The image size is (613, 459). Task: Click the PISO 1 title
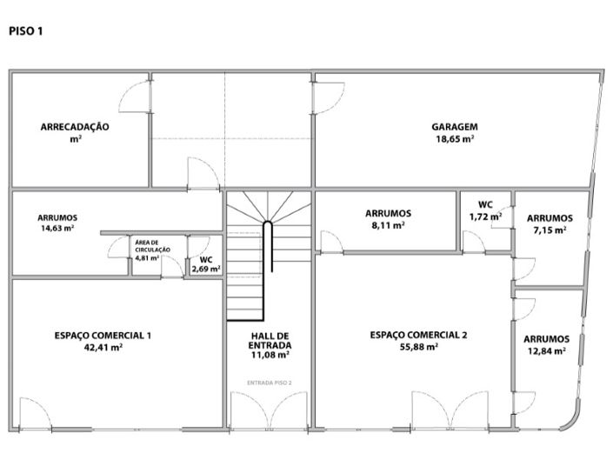pyautogui.click(x=26, y=31)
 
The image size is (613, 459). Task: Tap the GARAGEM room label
pyautogui.click(x=455, y=127)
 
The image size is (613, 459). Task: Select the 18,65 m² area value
pyautogui.click(x=455, y=139)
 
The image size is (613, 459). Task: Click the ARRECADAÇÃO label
pyautogui.click(x=75, y=127)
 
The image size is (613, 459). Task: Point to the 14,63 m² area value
pyautogui.click(x=58, y=229)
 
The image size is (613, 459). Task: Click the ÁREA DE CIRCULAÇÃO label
pyautogui.click(x=152, y=246)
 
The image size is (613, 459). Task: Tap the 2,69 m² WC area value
pyautogui.click(x=206, y=269)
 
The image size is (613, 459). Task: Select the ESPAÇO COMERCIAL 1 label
pyautogui.click(x=103, y=336)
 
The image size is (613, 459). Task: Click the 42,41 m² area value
pyautogui.click(x=103, y=347)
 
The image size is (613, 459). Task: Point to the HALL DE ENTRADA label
pyautogui.click(x=270, y=341)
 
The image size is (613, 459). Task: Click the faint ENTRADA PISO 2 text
pyautogui.click(x=270, y=382)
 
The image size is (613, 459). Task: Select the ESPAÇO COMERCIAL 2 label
pyautogui.click(x=418, y=335)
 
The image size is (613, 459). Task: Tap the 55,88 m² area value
pyautogui.click(x=419, y=347)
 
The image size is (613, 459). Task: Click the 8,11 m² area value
pyautogui.click(x=388, y=225)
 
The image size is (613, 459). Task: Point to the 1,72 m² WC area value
pyautogui.click(x=485, y=216)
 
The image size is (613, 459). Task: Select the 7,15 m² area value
pyautogui.click(x=550, y=229)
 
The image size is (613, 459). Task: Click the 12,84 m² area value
pyautogui.click(x=547, y=351)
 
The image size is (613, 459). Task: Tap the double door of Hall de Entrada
pyautogui.click(x=269, y=410)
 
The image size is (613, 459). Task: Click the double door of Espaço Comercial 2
pyautogui.click(x=450, y=410)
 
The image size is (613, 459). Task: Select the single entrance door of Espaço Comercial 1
pyautogui.click(x=35, y=414)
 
